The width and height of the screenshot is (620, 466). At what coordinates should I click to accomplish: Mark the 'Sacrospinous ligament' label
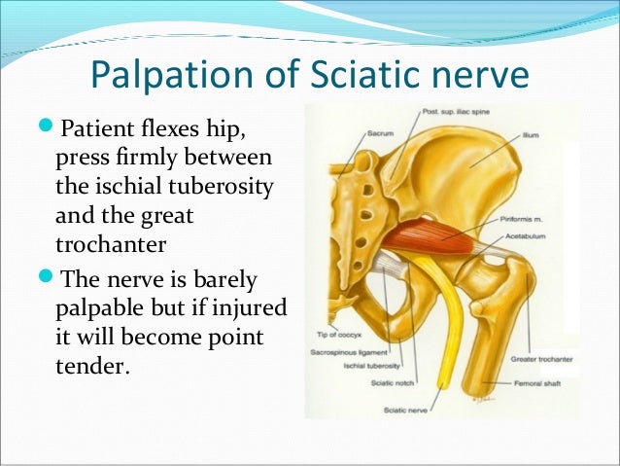pos(349,347)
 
